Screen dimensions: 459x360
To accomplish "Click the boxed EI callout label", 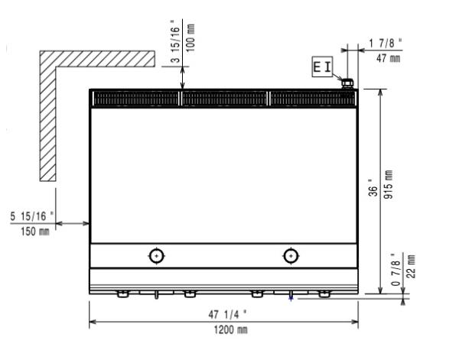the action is click(x=322, y=66).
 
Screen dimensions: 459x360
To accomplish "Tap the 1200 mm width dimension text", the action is click(x=231, y=330).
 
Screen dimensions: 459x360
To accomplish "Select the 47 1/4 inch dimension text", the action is click(x=227, y=315).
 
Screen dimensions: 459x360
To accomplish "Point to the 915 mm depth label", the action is click(x=388, y=184).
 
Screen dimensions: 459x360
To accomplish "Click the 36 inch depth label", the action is click(x=373, y=190).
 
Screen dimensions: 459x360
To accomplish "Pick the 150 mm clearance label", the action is click(x=35, y=232).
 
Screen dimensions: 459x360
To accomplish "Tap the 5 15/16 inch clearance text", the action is click(x=32, y=216).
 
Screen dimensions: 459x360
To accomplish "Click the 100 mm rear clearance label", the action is click(x=190, y=38).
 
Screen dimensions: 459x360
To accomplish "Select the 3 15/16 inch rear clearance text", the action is click(x=174, y=41).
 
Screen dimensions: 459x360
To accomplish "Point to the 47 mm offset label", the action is click(x=388, y=58).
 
